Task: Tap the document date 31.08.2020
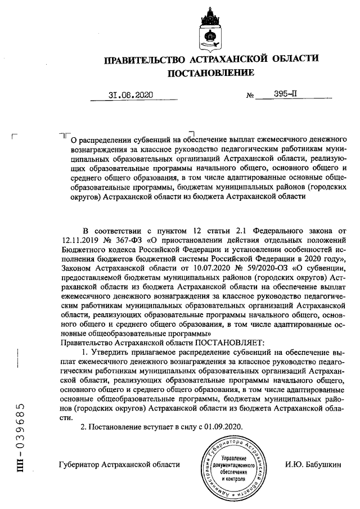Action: [130, 95]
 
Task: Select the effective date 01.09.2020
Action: [223, 427]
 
